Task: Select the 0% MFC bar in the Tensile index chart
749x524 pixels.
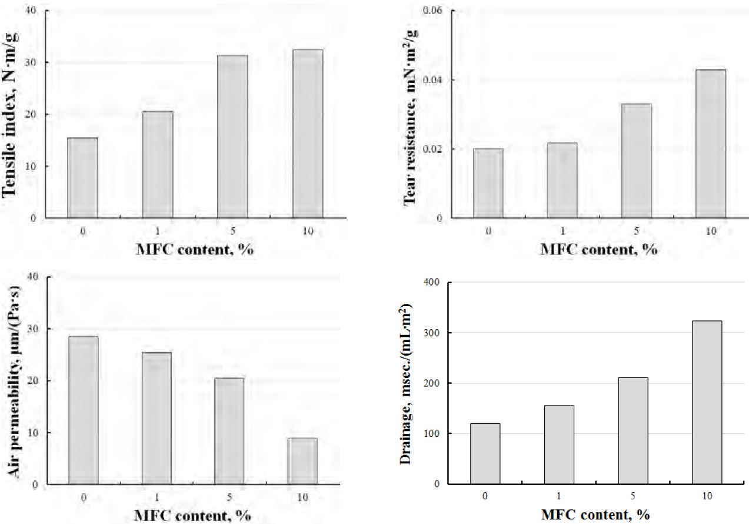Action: pos(83,178)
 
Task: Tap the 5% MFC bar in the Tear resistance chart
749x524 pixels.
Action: pos(637,161)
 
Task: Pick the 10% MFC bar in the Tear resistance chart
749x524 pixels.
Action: pos(711,144)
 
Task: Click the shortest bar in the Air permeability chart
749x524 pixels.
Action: pos(302,461)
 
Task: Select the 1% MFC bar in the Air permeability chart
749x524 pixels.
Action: pos(158,418)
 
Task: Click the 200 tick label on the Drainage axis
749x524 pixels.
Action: pos(435,383)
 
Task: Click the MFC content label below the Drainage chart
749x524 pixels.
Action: pos(595,515)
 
